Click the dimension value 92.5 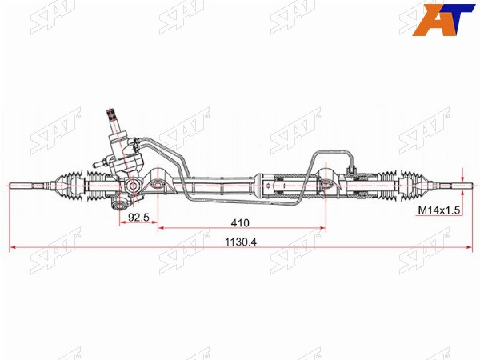pos(138,217)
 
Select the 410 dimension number pos(240,223)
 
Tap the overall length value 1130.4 pos(241,242)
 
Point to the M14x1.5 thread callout pos(439,210)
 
